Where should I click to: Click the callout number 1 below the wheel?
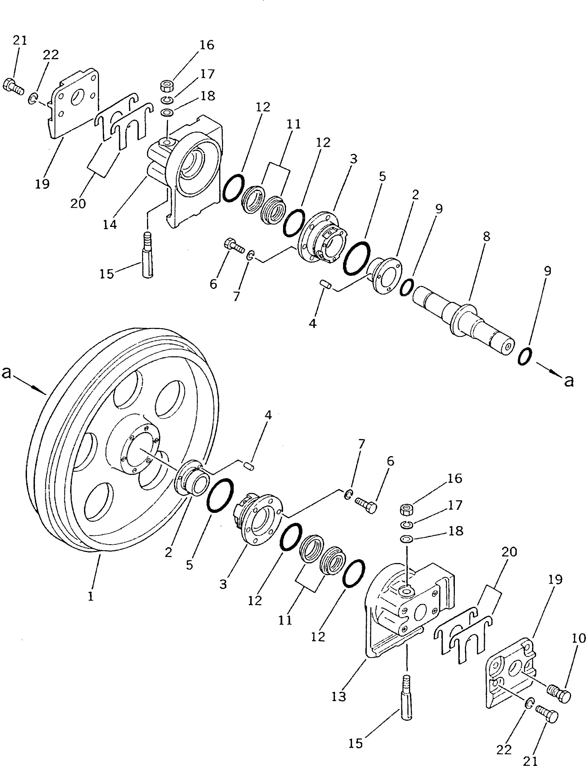[91, 596]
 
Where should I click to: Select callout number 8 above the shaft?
[486, 237]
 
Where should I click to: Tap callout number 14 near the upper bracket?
[110, 225]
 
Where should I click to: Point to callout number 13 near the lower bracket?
[338, 696]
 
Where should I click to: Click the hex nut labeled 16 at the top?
[167, 85]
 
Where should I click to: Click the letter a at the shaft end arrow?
[569, 381]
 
